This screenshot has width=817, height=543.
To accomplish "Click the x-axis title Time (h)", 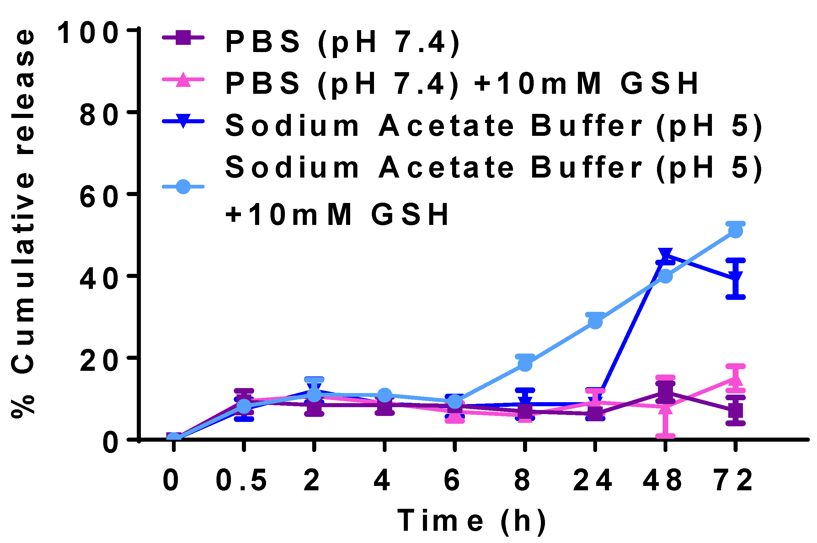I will coord(471,520).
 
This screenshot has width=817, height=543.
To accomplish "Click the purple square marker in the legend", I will coord(183,37).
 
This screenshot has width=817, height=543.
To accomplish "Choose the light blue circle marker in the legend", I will coord(183,187).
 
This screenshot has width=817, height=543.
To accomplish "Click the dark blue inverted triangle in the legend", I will coord(183,121).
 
